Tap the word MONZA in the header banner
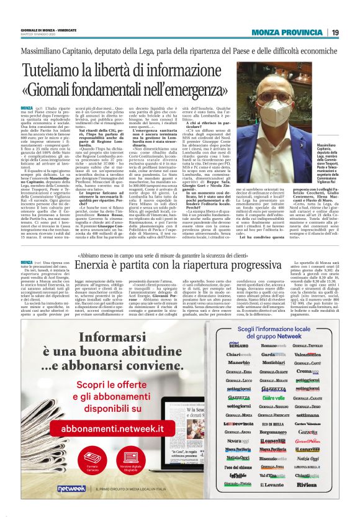[x=266, y=32]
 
